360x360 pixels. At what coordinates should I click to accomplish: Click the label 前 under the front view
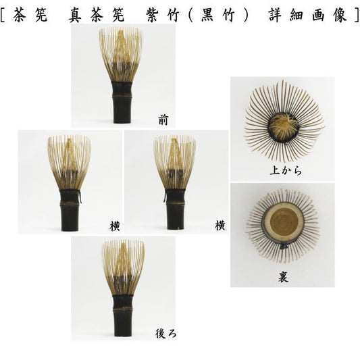[163, 120]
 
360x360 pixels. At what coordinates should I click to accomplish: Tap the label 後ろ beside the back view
[165, 334]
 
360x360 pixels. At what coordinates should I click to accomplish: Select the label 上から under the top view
[286, 171]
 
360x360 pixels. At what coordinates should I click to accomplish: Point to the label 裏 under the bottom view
[283, 277]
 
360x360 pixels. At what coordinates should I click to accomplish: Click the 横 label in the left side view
[115, 227]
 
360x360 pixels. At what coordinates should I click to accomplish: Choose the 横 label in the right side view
[220, 225]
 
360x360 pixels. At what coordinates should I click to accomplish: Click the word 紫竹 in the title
[162, 15]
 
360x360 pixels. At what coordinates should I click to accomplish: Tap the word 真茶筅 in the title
[96, 15]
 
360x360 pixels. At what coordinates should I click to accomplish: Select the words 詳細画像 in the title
[307, 15]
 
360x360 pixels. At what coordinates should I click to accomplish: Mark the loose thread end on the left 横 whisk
[80, 197]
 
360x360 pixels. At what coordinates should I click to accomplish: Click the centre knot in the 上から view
[284, 126]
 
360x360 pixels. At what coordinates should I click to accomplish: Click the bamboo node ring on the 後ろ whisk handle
[123, 309]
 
